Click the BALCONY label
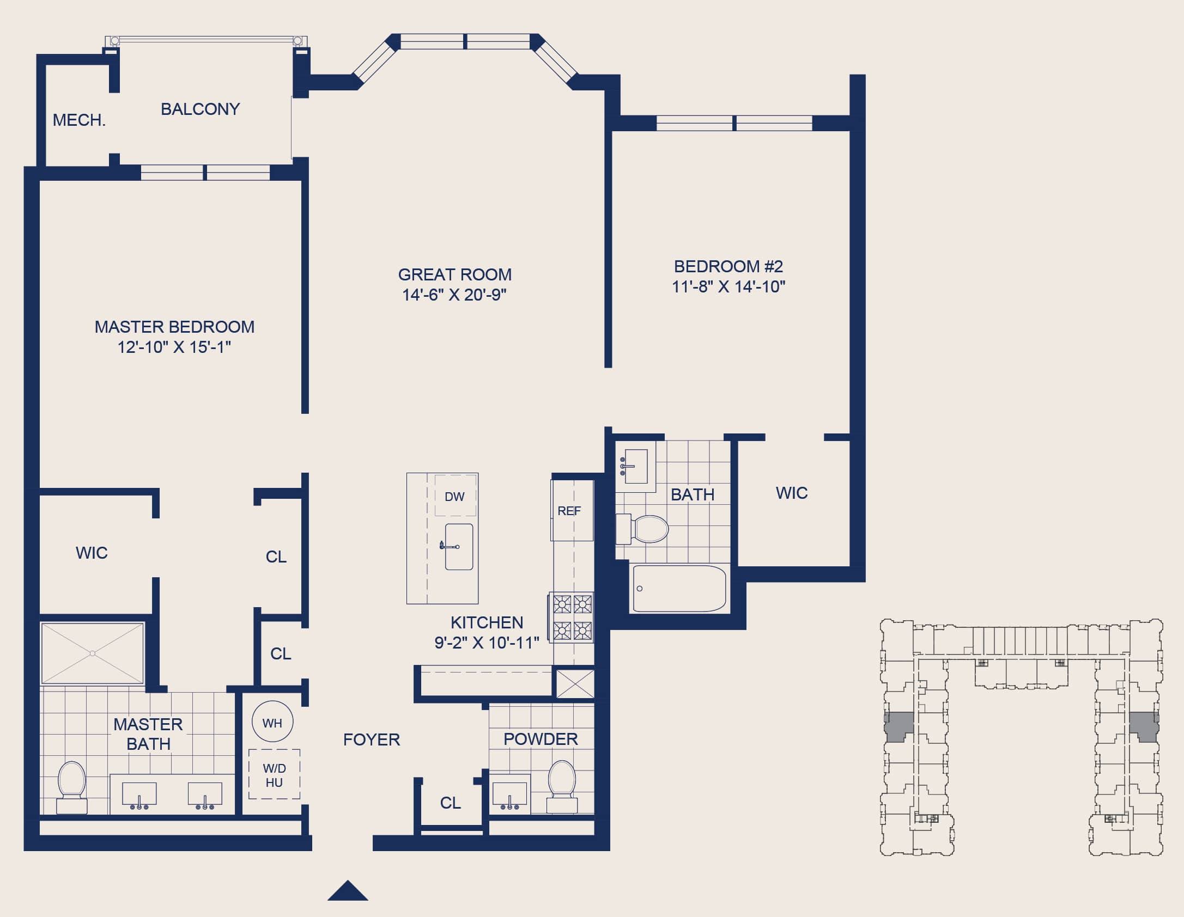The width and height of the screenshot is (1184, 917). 200,109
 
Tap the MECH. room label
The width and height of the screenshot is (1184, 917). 79,120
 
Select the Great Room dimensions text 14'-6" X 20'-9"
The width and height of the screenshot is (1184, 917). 454,295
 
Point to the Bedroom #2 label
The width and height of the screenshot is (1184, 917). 728,266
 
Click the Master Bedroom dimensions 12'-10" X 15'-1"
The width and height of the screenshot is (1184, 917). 174,347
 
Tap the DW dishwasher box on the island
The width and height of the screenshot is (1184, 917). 455,496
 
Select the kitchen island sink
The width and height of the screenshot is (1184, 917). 459,547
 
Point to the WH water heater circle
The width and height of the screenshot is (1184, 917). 272,722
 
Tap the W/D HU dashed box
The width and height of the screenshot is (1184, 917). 274,774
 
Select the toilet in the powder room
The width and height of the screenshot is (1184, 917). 562,786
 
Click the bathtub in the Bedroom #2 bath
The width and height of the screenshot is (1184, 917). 679,588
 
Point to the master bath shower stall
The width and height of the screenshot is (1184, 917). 93,653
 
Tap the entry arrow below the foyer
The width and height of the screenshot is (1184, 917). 348,890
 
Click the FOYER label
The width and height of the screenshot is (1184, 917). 372,739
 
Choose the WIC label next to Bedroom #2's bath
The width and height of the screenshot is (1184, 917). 792,493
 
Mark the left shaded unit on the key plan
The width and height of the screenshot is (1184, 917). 898,726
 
